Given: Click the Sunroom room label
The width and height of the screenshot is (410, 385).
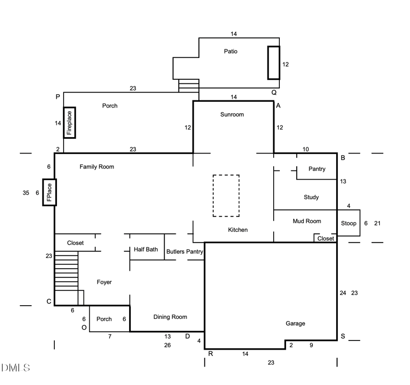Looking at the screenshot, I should (232, 115).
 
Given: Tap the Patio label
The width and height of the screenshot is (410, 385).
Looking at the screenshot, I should (231, 51).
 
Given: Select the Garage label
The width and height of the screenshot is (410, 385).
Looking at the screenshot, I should (295, 324).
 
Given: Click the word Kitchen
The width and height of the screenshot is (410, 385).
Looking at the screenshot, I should (238, 230).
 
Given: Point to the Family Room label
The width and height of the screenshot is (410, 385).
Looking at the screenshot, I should (97, 167).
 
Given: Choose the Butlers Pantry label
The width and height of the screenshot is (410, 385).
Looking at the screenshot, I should (184, 252).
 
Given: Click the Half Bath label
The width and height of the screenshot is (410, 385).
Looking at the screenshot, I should (146, 250).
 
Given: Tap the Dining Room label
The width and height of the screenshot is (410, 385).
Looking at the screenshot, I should (170, 317).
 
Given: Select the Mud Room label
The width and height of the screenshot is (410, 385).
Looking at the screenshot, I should (306, 221).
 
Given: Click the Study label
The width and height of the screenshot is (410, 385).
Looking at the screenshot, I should (311, 197).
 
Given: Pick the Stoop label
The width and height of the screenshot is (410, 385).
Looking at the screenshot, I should (348, 224).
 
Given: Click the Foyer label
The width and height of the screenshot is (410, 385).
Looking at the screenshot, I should (104, 282).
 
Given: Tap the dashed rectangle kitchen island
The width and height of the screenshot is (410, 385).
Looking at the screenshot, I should (226, 196).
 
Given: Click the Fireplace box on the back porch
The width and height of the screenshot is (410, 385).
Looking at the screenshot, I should (70, 123).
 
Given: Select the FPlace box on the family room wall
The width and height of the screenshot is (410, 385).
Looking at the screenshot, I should (49, 192).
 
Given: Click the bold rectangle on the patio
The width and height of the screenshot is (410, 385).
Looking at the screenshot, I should (274, 62).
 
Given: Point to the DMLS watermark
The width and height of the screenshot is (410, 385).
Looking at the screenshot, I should (15, 368).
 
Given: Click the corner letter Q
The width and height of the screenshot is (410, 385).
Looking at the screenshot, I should (274, 92).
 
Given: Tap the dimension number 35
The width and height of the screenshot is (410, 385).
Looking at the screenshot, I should (26, 193).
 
